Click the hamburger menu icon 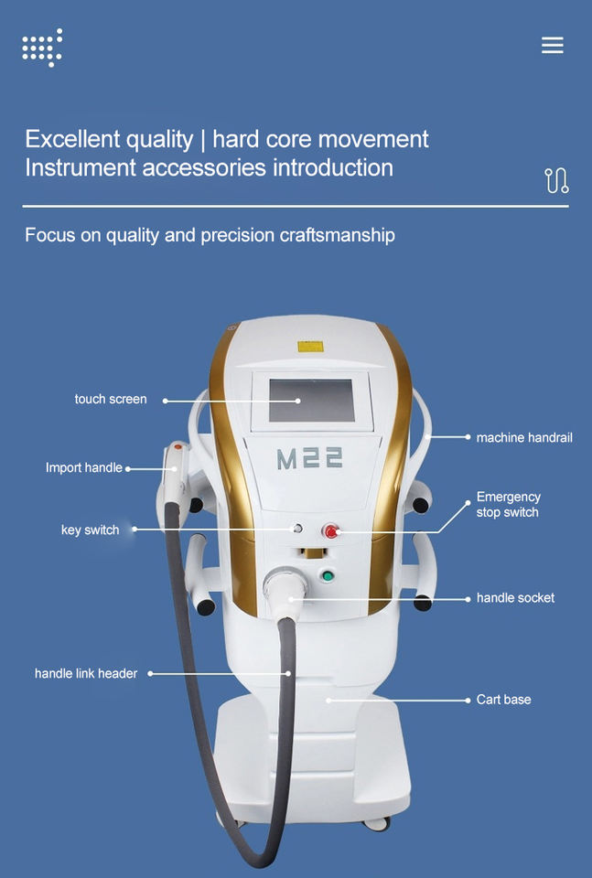point(552,45)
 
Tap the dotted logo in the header point(42,48)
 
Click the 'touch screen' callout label point(111,399)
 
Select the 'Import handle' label point(84,467)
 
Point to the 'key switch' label point(90,530)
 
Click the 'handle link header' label point(86,673)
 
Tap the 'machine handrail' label point(524,437)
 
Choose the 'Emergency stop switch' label point(508,505)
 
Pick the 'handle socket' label point(515,597)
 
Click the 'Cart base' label point(503,700)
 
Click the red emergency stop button point(330,530)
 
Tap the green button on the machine point(327,575)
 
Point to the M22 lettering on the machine point(310,457)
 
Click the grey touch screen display point(311,400)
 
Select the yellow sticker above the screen point(310,347)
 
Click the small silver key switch point(296,529)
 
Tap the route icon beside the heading point(556,180)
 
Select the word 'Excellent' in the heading point(72,139)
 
